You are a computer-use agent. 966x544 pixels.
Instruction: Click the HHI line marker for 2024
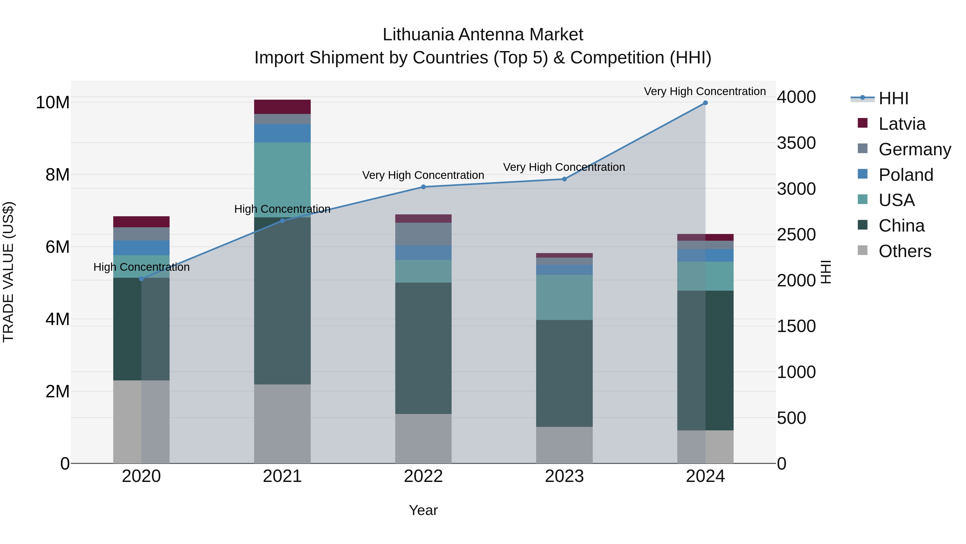click(x=705, y=103)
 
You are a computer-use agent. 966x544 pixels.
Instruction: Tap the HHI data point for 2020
click(x=141, y=279)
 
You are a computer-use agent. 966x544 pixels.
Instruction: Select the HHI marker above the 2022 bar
click(x=423, y=187)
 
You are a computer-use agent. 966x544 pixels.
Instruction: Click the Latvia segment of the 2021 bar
click(x=282, y=107)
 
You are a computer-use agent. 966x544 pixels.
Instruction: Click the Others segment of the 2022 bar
click(x=423, y=438)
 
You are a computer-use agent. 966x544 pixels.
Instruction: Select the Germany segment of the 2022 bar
click(x=423, y=234)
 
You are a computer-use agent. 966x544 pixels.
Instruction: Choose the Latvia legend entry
click(x=902, y=124)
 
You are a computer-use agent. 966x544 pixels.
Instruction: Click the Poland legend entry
click(x=905, y=175)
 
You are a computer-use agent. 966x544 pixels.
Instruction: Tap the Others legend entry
click(x=905, y=251)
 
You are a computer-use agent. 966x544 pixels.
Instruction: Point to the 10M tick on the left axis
click(x=53, y=103)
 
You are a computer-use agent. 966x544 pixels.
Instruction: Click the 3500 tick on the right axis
click(x=796, y=143)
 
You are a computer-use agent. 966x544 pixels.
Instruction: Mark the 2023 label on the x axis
click(x=564, y=476)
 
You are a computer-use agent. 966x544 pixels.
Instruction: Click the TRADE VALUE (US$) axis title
click(x=8, y=272)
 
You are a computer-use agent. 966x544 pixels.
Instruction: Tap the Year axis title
click(x=423, y=510)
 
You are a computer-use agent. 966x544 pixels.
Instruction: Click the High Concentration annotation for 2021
click(x=282, y=209)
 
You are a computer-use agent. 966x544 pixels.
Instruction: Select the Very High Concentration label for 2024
click(x=705, y=92)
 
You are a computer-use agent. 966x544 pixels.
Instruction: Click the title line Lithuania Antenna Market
click(x=483, y=35)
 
